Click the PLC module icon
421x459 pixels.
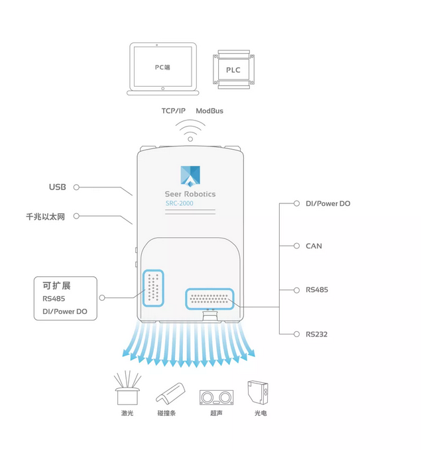pos(233,70)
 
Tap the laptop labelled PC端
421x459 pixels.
pos(163,69)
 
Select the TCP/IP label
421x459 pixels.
pos(174,111)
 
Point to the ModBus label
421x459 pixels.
pos(210,111)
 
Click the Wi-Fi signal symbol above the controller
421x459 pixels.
pos(190,131)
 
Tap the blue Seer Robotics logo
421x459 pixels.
pos(190,176)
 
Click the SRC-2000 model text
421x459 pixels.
pos(179,203)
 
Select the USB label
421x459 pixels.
pos(58,187)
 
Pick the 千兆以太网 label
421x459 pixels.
pos(45,217)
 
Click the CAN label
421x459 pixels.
pos(314,246)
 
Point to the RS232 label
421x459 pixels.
pos(316,334)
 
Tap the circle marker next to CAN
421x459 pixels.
pos(296,246)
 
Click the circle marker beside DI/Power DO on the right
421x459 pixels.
pos(296,203)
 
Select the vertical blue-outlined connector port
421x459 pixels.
pos(153,288)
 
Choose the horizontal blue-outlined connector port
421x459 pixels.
pos(210,299)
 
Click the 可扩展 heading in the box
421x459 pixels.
pos(56,285)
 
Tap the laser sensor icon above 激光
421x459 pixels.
pos(127,388)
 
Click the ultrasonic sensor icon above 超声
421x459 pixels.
pos(217,397)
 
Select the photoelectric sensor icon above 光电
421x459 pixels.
pos(258,392)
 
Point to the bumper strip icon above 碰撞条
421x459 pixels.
pos(170,393)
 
